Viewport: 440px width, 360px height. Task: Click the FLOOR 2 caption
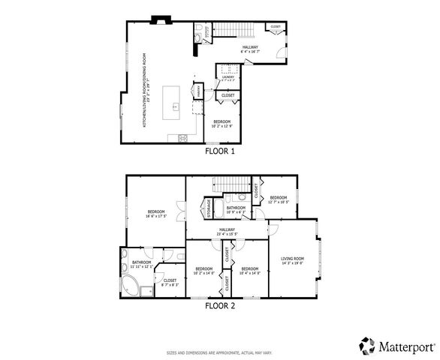click(x=220, y=306)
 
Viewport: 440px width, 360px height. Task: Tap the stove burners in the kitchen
click(x=182, y=136)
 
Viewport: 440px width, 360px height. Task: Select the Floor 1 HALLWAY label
click(x=250, y=49)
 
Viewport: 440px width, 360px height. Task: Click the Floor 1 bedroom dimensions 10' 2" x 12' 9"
click(x=223, y=126)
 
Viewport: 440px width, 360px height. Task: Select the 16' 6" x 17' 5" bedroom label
click(x=155, y=214)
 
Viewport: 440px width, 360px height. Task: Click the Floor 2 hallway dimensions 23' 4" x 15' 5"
click(x=227, y=234)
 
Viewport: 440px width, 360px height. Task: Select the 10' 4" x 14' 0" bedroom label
click(x=250, y=270)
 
